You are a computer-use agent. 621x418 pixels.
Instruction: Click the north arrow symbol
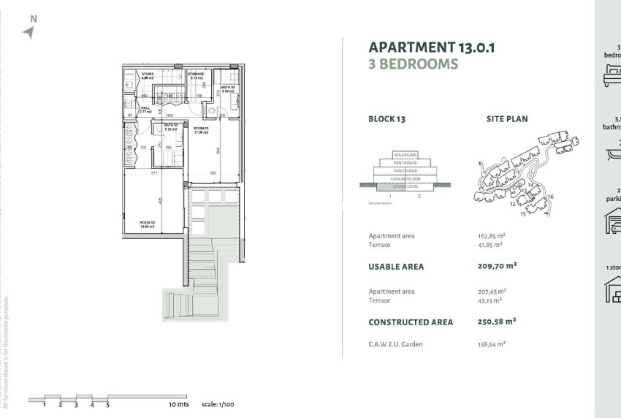tap(28, 31)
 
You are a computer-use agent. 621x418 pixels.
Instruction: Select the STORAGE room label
tap(196, 75)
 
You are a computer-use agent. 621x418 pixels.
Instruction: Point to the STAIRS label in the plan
tap(148, 75)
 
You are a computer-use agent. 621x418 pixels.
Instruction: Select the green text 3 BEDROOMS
tap(413, 64)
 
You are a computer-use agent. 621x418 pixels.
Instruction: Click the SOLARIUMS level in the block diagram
tap(405, 155)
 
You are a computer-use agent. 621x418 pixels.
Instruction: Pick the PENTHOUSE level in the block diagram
tap(405, 162)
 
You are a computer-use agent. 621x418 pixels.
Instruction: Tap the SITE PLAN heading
tap(506, 118)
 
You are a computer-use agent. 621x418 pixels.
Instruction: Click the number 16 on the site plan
tap(550, 196)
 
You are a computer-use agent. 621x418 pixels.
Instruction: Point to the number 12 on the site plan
tap(512, 204)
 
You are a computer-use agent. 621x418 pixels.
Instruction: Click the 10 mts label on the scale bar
tap(178, 404)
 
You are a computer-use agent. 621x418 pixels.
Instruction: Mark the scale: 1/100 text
tap(217, 404)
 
